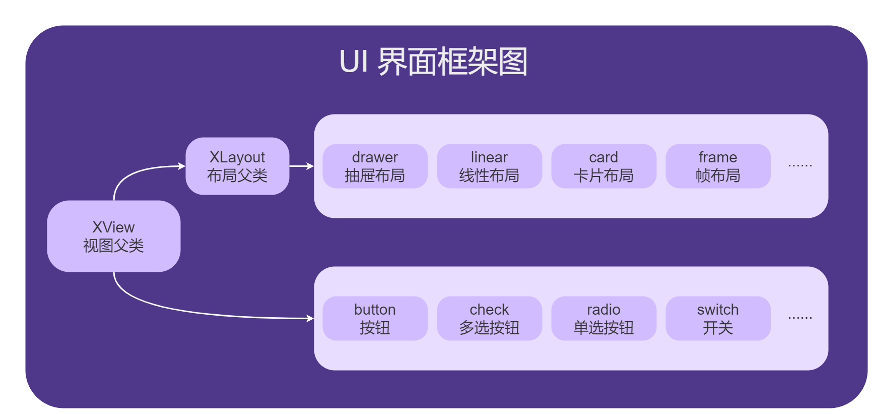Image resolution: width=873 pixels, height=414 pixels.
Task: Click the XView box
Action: click(x=113, y=236)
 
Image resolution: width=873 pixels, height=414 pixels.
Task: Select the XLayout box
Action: click(x=237, y=166)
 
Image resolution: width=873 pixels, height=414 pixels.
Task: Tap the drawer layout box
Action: click(x=375, y=166)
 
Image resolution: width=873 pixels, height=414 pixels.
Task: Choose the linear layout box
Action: click(x=489, y=166)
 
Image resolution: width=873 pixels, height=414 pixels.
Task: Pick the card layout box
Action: click(x=603, y=166)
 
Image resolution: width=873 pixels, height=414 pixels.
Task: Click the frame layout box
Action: click(x=718, y=166)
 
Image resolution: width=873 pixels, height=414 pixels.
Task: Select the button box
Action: click(x=375, y=318)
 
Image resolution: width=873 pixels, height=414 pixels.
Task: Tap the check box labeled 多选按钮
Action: click(x=489, y=318)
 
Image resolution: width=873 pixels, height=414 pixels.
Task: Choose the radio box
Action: click(x=603, y=318)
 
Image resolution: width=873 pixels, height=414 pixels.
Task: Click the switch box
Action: click(x=718, y=318)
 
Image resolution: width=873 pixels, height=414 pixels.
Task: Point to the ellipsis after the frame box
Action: click(x=800, y=165)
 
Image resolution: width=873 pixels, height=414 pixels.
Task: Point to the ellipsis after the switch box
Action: click(x=800, y=318)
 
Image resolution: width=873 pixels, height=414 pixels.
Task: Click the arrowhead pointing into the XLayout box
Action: click(x=182, y=166)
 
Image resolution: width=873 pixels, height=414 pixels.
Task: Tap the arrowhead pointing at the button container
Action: click(x=310, y=318)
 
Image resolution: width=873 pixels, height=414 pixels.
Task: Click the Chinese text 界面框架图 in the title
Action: click(x=452, y=62)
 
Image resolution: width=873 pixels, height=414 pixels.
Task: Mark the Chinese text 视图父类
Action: click(x=113, y=246)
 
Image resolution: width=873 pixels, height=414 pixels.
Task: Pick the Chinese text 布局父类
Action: click(x=237, y=175)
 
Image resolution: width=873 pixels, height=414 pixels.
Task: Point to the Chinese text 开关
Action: click(x=718, y=328)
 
